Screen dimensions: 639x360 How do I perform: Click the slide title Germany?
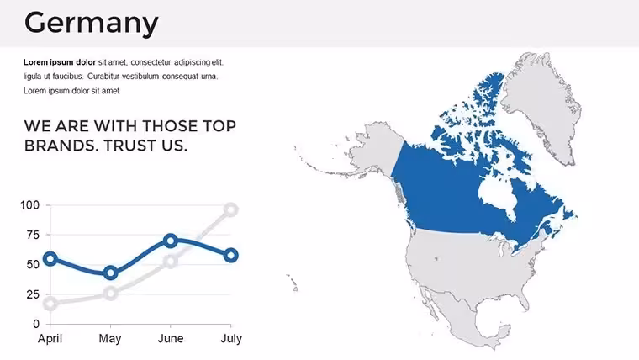tap(92, 24)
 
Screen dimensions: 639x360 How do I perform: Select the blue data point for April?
tap(50, 258)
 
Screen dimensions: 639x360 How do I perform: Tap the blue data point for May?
tap(110, 273)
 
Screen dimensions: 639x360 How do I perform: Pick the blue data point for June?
tap(171, 241)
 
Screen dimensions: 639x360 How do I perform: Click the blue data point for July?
tap(231, 256)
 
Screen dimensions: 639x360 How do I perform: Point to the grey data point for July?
tap(231, 210)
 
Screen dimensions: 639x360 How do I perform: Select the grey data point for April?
tap(50, 304)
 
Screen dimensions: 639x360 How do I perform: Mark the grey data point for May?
tap(110, 294)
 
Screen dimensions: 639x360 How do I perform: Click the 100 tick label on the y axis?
tap(29, 205)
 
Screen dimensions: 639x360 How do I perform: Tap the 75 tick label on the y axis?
tap(33, 235)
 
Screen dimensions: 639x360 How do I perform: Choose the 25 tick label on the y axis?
tap(33, 294)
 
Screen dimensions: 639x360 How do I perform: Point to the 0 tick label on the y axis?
tap(36, 324)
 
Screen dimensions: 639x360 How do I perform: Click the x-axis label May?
tap(110, 339)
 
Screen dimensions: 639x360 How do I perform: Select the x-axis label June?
tap(171, 338)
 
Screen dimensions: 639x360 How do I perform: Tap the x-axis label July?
tap(231, 339)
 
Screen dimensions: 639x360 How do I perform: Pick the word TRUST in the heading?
tap(130, 146)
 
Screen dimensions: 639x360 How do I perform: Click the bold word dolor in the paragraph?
tap(85, 62)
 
